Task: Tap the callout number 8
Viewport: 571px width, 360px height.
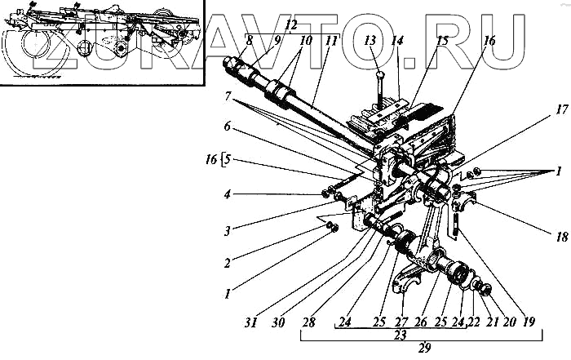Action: click(248, 41)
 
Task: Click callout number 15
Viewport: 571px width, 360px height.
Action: click(441, 40)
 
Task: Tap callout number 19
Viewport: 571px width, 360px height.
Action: click(529, 322)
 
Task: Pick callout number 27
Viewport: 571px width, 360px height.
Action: click(400, 322)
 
